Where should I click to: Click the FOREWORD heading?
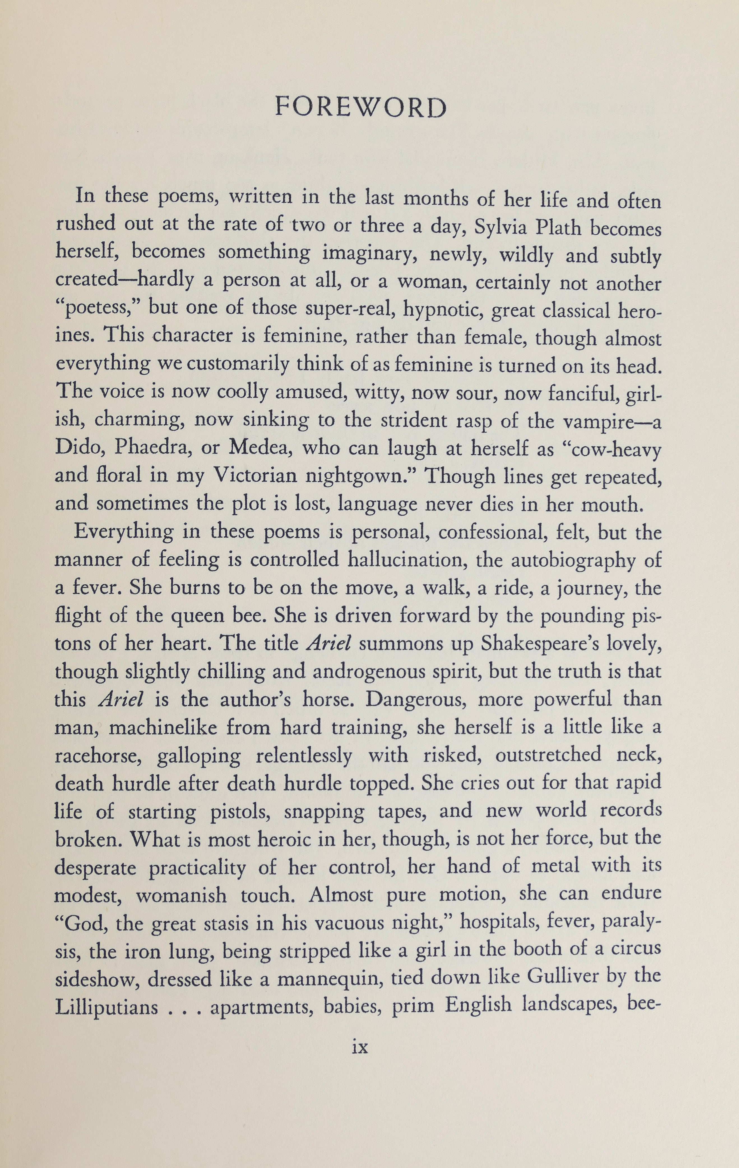361,108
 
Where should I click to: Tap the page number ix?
360,1048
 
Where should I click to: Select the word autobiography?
573,560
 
